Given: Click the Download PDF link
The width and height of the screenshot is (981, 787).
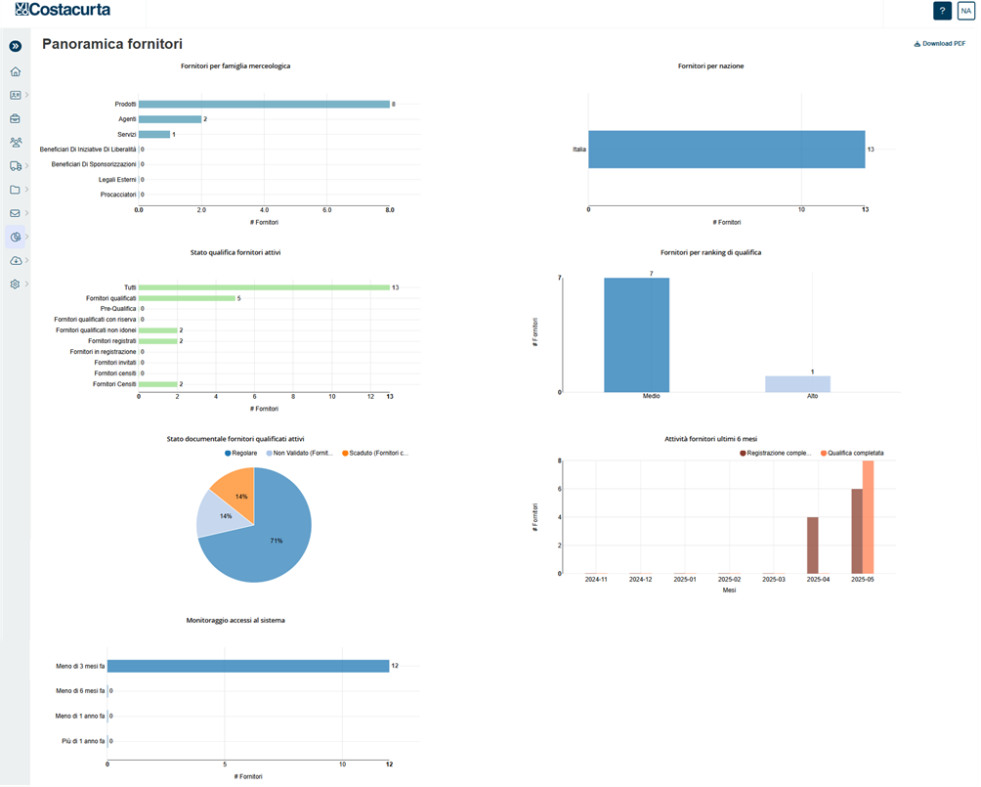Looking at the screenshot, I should click(940, 44).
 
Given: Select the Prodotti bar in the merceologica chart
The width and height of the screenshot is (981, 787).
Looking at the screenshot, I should click(264, 104).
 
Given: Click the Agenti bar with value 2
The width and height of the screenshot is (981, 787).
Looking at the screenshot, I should click(170, 119).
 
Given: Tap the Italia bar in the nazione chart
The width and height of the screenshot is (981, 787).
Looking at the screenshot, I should click(726, 150).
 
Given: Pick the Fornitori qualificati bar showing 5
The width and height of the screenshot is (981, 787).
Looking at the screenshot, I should click(187, 298).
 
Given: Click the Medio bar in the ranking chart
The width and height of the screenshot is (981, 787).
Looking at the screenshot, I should click(636, 334).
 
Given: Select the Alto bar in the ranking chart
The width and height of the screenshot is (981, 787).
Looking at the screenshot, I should click(797, 384).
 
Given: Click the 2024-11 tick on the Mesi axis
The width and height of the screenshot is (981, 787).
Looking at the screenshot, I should click(596, 580).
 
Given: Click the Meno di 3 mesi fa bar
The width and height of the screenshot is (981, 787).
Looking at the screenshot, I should click(248, 666).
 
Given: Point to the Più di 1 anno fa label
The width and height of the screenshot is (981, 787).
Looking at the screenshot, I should click(80, 742).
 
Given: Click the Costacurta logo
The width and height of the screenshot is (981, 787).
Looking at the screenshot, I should click(63, 11).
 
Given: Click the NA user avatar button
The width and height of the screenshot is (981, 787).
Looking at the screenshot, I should click(965, 11).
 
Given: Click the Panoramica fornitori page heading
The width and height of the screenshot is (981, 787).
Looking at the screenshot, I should click(112, 44).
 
